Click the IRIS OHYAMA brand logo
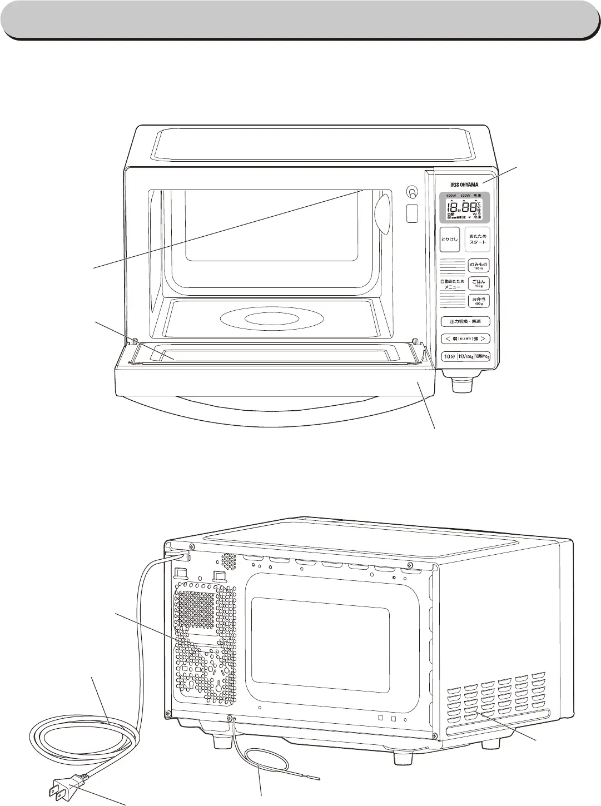(464, 185)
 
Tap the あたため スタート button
(478, 240)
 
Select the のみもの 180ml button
(478, 266)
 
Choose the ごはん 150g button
(478, 283)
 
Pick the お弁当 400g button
(478, 301)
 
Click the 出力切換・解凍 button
(465, 321)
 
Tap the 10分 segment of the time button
(449, 356)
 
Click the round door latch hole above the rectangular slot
(412, 192)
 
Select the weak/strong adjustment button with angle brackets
(465, 339)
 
